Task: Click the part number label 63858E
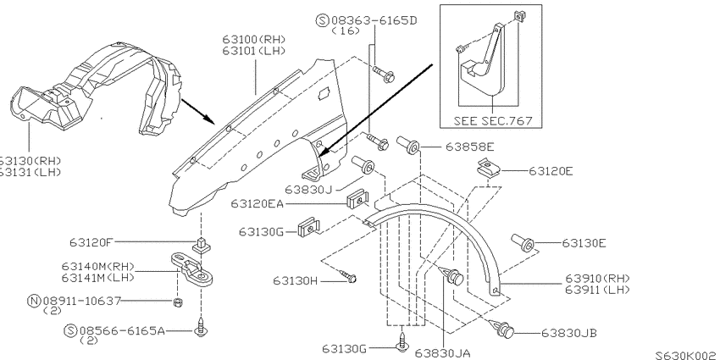(469, 147)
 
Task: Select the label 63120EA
(257, 203)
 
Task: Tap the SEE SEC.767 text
(493, 121)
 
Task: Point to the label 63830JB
(569, 333)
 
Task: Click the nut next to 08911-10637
(177, 302)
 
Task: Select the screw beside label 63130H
(347, 275)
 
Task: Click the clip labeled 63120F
(200, 246)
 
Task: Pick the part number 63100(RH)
(254, 40)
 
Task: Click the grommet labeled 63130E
(523, 243)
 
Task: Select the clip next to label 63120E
(488, 168)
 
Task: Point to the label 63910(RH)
(597, 279)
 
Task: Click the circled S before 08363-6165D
(323, 20)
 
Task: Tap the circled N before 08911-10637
(34, 302)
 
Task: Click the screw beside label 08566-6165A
(200, 327)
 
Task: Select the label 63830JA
(442, 353)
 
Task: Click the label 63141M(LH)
(97, 278)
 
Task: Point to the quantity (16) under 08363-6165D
(346, 30)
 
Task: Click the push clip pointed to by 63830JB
(502, 329)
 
